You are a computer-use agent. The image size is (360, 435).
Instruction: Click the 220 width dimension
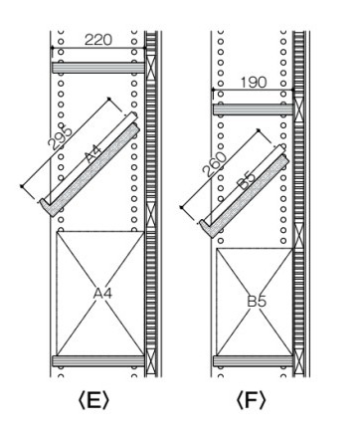click(98, 40)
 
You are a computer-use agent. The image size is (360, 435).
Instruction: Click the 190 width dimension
click(254, 83)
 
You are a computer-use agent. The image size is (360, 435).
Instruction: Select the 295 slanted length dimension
click(60, 137)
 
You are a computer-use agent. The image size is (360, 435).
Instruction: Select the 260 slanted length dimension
click(215, 164)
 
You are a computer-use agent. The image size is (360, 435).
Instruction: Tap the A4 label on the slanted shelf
click(93, 154)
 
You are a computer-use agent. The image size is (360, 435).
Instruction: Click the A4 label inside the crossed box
click(102, 293)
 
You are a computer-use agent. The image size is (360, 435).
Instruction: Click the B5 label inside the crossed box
click(257, 302)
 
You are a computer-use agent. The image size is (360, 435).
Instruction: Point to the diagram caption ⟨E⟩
click(93, 400)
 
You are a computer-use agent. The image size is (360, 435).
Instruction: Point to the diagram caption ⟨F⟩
click(251, 400)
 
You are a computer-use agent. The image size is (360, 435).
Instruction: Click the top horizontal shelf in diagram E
click(98, 68)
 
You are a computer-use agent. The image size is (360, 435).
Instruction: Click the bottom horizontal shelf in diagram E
click(98, 361)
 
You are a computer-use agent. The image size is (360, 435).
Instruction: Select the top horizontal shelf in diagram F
click(253, 109)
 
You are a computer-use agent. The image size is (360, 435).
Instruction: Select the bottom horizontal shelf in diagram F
click(253, 361)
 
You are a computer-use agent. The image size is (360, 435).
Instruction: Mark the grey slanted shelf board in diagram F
click(244, 196)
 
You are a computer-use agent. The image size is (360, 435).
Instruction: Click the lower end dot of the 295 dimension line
click(22, 186)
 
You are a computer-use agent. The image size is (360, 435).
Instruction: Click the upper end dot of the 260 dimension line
click(259, 130)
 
